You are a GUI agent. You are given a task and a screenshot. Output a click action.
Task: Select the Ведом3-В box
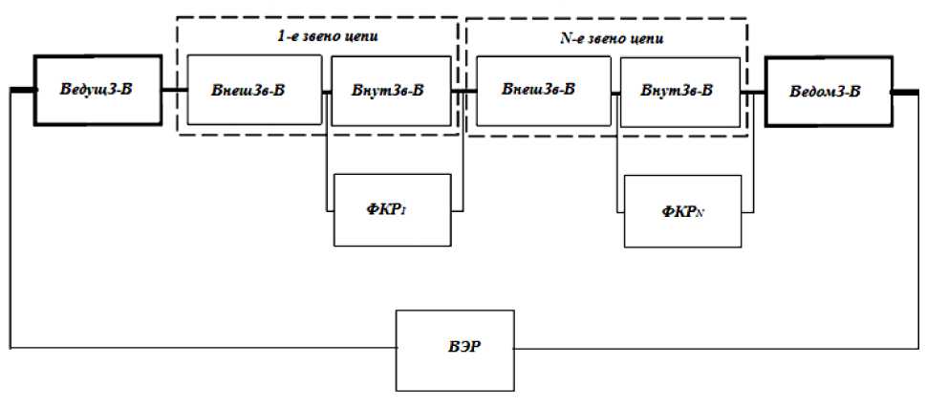[828, 92]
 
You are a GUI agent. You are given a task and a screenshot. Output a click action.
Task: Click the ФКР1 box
[392, 209]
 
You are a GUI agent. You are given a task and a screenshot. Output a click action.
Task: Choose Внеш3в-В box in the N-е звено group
[538, 91]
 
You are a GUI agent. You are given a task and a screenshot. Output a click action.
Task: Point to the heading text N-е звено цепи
[613, 39]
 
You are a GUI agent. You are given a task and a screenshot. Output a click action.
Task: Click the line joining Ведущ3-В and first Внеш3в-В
[174, 91]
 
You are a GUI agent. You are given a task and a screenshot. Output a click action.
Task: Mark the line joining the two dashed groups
[463, 92]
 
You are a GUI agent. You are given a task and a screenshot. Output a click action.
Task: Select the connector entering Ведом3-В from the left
[756, 92]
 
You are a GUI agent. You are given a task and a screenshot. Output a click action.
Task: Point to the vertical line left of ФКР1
[327, 162]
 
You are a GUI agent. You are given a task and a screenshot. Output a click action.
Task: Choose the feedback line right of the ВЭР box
[717, 349]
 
